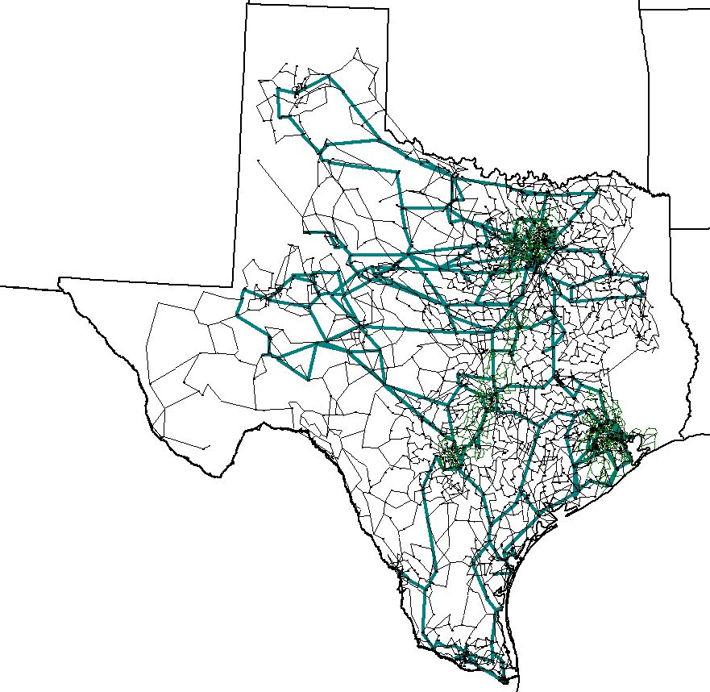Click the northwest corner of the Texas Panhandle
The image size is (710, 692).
(247, 3)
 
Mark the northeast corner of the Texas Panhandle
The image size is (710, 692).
(389, 9)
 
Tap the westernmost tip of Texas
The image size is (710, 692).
(59, 279)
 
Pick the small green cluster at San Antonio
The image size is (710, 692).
(452, 456)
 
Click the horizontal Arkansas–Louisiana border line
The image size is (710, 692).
(689, 229)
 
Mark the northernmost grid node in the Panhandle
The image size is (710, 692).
(356, 49)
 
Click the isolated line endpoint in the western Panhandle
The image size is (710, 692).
(258, 160)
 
